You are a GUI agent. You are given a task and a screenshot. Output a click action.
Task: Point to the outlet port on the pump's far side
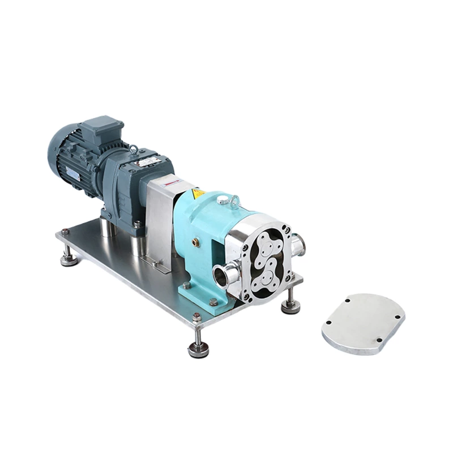click(x=299, y=245)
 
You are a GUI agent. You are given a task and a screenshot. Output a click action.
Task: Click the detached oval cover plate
click(x=363, y=323)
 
